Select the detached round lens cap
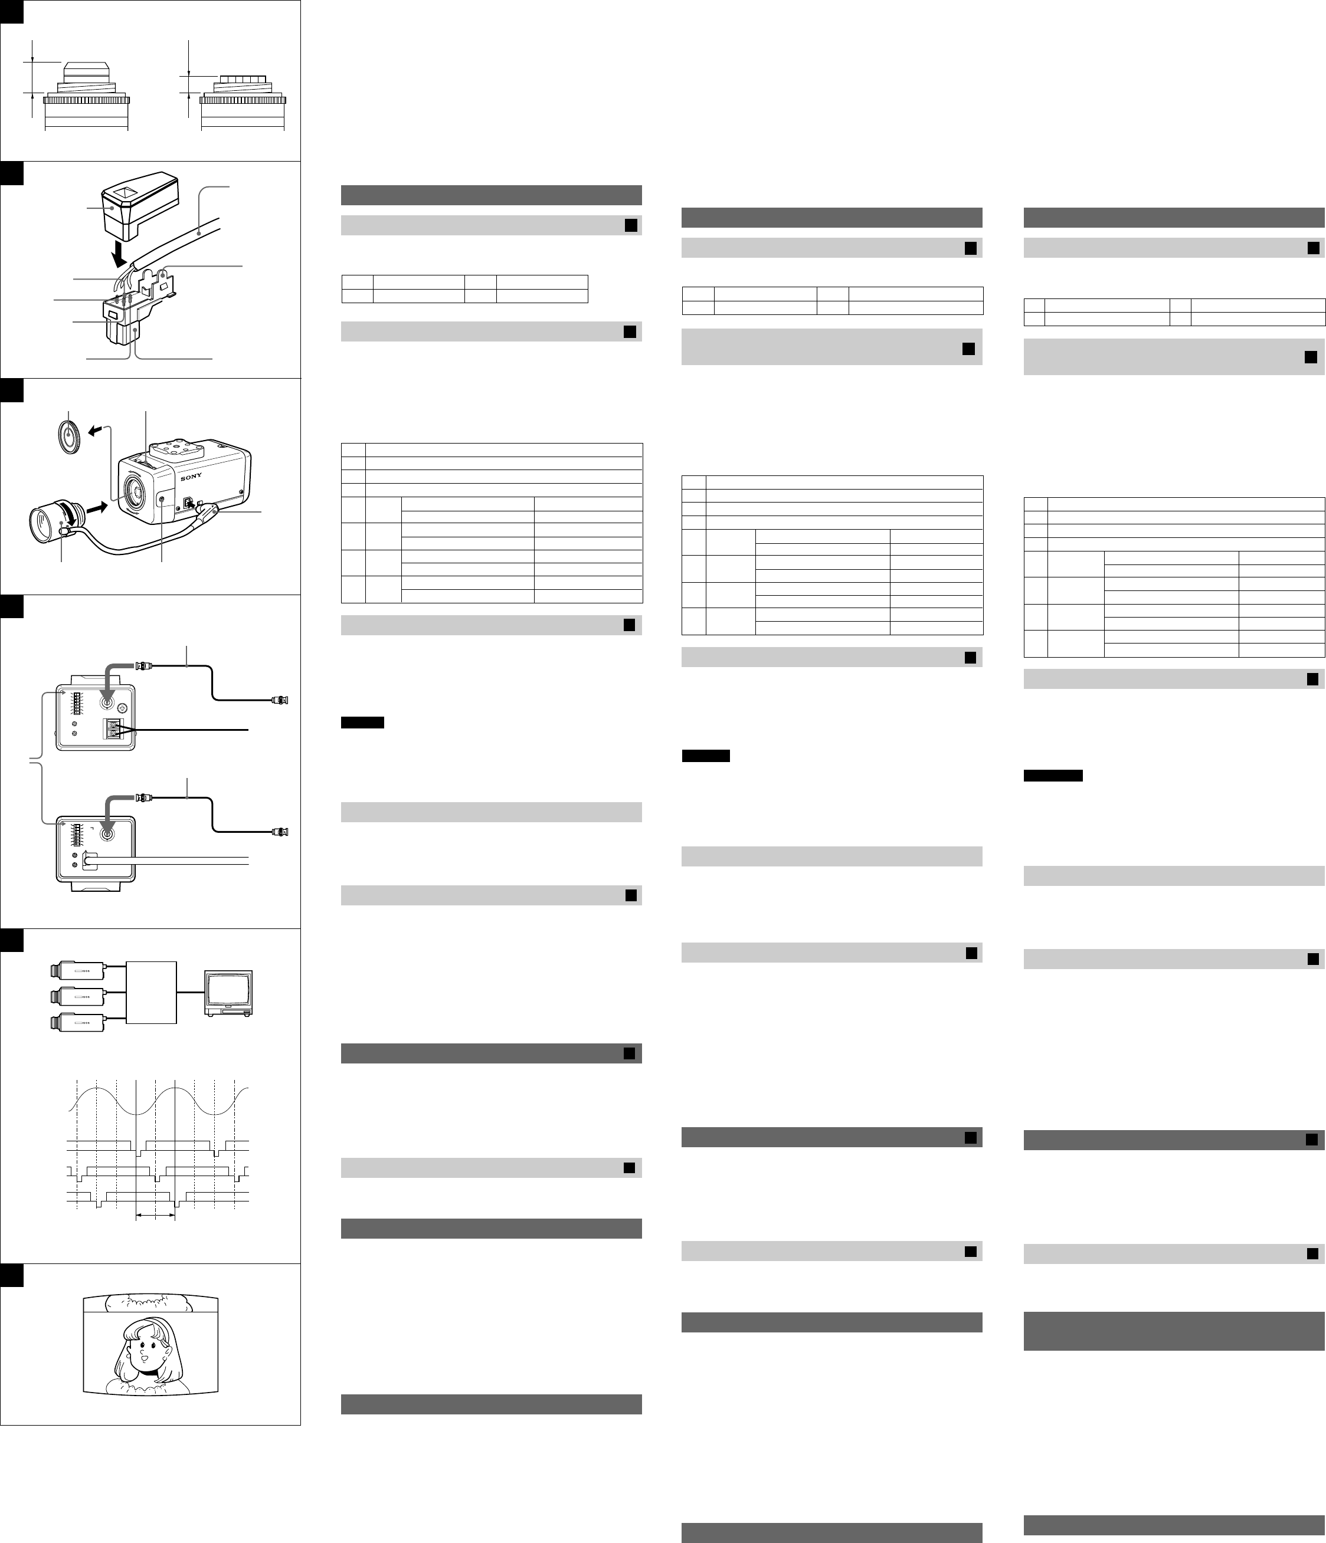tap(69, 436)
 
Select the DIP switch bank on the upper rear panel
tap(77, 704)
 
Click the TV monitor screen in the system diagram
tap(230, 990)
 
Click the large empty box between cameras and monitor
tap(151, 993)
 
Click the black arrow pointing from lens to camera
tap(96, 508)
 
